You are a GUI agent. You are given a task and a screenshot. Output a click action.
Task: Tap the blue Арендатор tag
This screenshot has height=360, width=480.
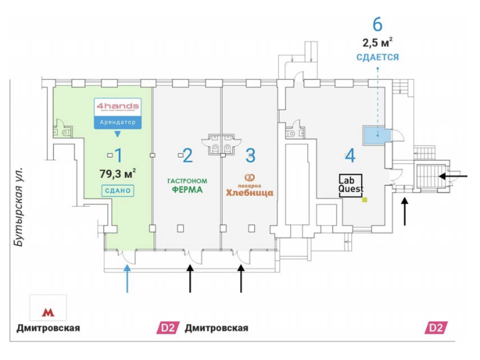pyautogui.click(x=118, y=123)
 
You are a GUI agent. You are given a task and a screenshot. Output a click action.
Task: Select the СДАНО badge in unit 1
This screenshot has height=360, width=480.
pyautogui.click(x=118, y=191)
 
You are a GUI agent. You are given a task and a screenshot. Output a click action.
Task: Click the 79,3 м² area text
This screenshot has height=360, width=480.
pyautogui.click(x=117, y=174)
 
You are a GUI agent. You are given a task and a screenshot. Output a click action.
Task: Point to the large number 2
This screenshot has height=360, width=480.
pyautogui.click(x=188, y=155)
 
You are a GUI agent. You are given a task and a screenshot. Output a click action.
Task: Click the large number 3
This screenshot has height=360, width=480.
pyautogui.click(x=250, y=155)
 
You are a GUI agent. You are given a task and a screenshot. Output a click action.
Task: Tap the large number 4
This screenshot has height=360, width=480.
pyautogui.click(x=350, y=157)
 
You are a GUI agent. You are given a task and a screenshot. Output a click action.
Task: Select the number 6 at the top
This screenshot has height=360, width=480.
pyautogui.click(x=377, y=25)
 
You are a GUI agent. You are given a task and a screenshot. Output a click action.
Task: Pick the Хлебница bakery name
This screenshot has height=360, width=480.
pyautogui.click(x=250, y=193)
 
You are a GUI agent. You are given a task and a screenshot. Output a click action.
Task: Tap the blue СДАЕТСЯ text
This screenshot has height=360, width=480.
pyautogui.click(x=377, y=58)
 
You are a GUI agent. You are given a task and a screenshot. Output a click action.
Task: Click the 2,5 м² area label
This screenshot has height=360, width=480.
pyautogui.click(x=377, y=43)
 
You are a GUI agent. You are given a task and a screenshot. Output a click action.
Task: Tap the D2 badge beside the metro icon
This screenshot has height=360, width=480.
pyautogui.click(x=166, y=328)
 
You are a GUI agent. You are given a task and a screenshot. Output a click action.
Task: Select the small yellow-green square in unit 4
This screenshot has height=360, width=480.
pyautogui.click(x=364, y=199)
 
